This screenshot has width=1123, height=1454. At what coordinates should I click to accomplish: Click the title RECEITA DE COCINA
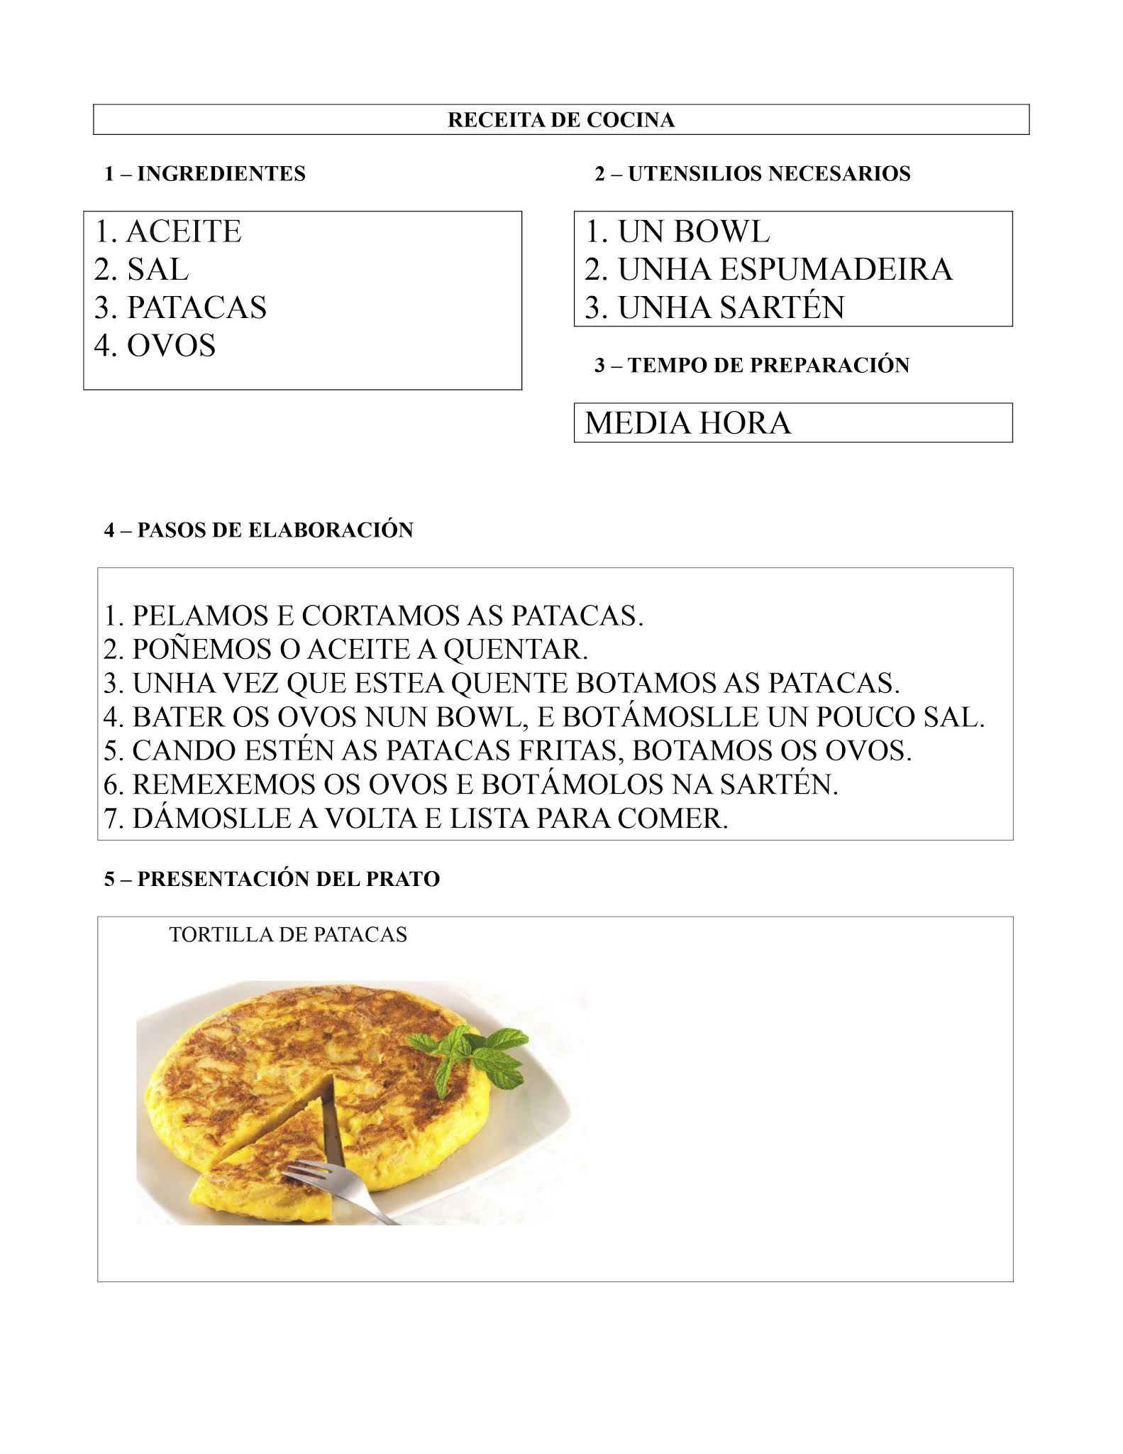[x=560, y=120]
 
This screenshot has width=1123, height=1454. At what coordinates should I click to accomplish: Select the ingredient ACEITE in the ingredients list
[x=183, y=232]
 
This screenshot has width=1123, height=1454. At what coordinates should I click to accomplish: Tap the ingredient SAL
[x=157, y=270]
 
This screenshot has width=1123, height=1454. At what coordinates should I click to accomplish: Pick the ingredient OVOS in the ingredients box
[x=170, y=346]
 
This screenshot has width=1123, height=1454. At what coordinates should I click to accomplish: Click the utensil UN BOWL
[x=693, y=232]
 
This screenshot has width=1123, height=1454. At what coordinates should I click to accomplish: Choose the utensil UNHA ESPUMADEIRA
[x=785, y=270]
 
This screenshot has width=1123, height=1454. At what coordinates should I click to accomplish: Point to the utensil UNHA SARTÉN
[x=731, y=307]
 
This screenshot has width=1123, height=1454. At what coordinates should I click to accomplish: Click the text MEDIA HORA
[x=687, y=423]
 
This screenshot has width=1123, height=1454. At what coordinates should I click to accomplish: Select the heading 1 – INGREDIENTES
[x=205, y=174]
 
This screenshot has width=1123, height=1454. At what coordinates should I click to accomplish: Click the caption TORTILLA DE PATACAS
[x=288, y=934]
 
